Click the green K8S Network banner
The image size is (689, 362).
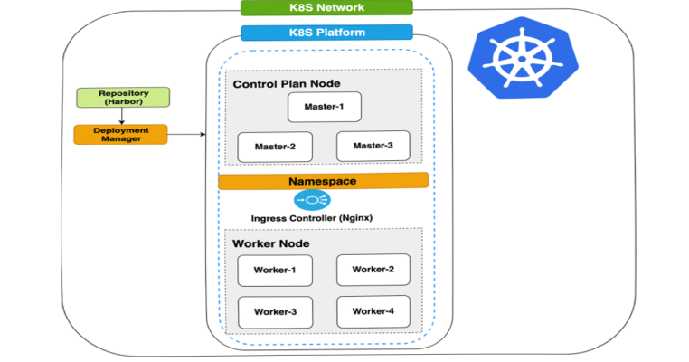point(326,8)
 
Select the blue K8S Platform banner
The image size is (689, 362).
point(326,33)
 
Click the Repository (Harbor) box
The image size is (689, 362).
point(122,98)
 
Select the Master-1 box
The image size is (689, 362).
point(324,107)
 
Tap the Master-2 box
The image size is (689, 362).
point(275,147)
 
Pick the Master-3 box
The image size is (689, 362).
point(373,146)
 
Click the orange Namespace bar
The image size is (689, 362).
point(323,181)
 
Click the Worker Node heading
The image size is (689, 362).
point(270,243)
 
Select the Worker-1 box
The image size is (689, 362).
point(275,270)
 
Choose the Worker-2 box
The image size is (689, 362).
point(373,269)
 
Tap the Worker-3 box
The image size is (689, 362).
point(275,311)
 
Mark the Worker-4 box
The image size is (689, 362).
point(373,311)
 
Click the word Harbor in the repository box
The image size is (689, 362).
point(122,102)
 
